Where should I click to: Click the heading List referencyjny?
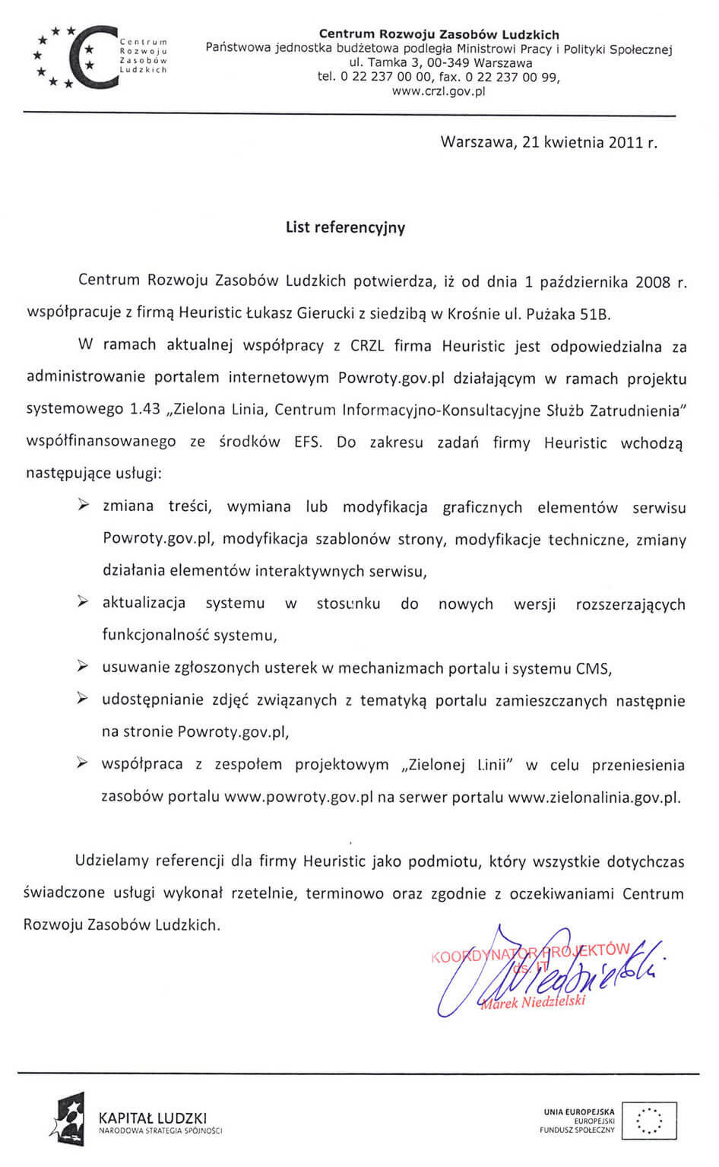click(345, 227)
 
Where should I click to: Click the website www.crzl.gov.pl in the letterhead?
click(439, 91)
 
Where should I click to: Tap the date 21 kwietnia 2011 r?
click(590, 142)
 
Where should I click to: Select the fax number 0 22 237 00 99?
click(512, 77)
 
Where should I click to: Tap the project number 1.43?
click(145, 409)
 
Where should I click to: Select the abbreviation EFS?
click(306, 442)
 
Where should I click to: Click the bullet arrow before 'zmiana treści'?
click(84, 505)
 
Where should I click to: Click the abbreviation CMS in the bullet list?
click(594, 668)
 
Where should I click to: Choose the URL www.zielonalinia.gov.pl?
click(594, 798)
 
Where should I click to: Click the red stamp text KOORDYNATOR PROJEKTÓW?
click(530, 953)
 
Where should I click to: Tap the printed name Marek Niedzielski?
click(533, 1002)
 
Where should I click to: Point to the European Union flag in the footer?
click(648, 1121)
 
